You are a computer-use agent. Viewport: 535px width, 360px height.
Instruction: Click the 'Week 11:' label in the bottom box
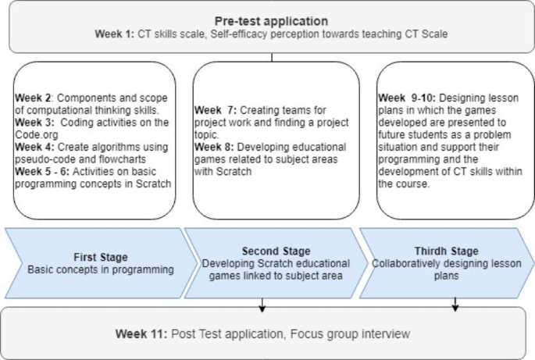coord(141,333)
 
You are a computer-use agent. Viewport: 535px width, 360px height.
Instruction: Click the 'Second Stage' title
coord(274,251)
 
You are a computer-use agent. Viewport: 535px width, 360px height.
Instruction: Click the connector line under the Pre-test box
coord(272,56)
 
